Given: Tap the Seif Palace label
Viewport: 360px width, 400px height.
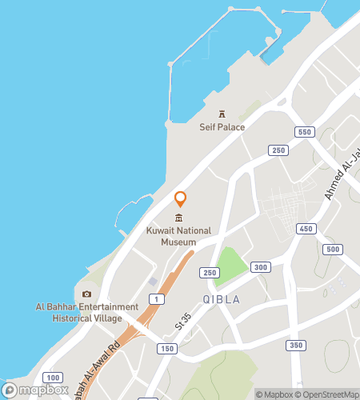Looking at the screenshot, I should (x=222, y=127).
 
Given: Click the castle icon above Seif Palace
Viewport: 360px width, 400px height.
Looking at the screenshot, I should (x=222, y=114).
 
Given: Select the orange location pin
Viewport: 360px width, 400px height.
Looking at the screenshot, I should (x=181, y=199).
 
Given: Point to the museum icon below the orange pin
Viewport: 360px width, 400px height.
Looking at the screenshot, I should (x=178, y=218).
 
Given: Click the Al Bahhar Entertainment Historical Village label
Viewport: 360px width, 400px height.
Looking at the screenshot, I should (x=86, y=312).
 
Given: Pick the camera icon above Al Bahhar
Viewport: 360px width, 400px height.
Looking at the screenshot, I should (x=86, y=294).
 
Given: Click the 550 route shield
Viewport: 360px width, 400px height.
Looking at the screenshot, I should (x=302, y=131).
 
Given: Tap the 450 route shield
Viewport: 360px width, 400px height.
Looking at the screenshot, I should (x=305, y=230).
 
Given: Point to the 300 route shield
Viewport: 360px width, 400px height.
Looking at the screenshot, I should (x=261, y=267).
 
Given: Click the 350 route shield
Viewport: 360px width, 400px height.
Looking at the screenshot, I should (x=296, y=345).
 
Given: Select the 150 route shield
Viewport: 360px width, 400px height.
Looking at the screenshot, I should (x=166, y=349).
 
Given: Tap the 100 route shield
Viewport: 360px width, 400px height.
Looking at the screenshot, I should (x=53, y=378).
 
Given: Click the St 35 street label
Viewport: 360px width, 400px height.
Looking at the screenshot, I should (x=184, y=328).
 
